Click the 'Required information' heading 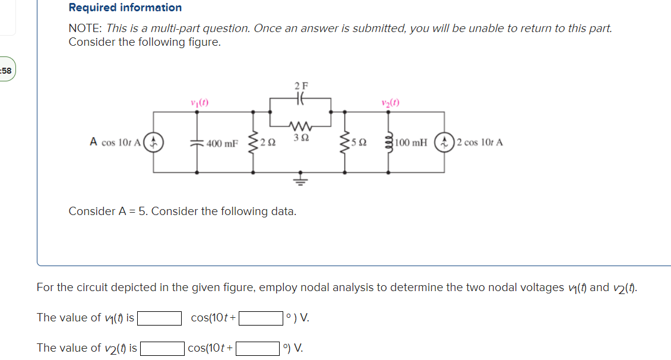tap(125, 8)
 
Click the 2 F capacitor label tap(300, 86)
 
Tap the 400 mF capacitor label tap(222, 143)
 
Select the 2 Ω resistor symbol tap(254, 143)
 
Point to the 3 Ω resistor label tap(300, 138)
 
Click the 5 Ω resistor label tap(359, 143)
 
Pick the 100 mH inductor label tap(410, 143)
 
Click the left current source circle tap(154, 142)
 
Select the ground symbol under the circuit tap(300, 180)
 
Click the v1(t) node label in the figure tap(198, 102)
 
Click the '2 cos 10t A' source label tap(480, 143)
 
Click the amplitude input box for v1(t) tap(159, 318)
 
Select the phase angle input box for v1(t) tap(260, 318)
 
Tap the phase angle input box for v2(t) tap(258, 348)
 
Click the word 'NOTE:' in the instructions tap(86, 29)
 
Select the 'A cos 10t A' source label tap(115, 143)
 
